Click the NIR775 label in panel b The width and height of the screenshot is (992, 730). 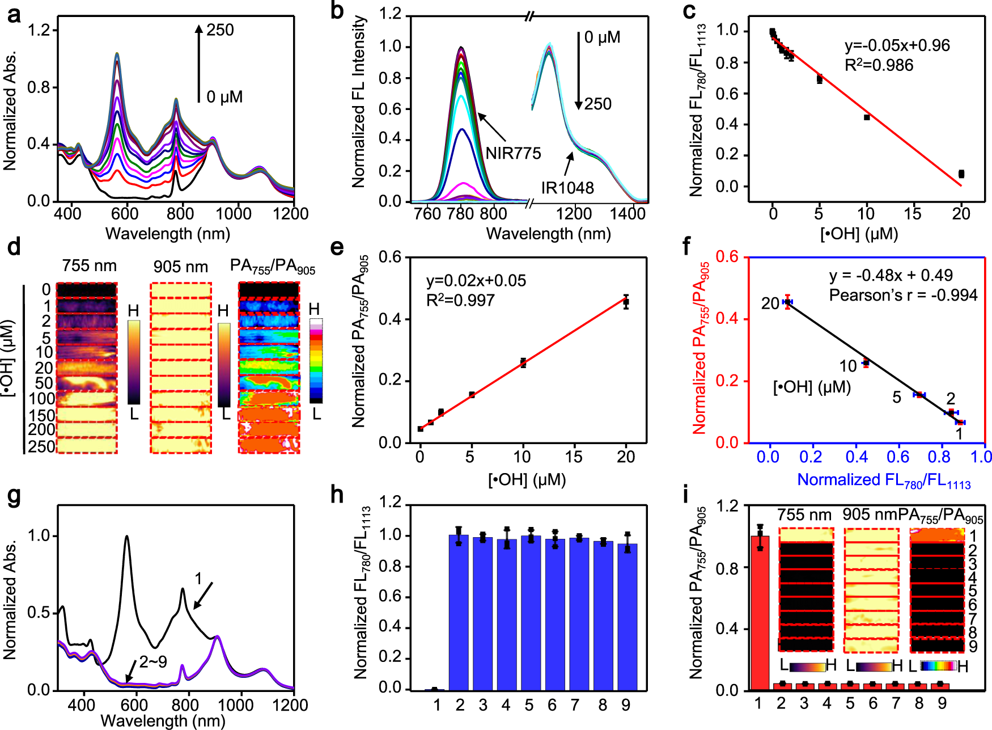[x=513, y=153]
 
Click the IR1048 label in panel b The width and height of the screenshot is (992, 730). [x=567, y=188]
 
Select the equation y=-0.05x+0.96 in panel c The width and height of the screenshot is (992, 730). [x=897, y=45]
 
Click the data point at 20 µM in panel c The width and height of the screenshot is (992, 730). [x=961, y=174]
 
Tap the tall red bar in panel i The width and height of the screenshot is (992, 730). [x=759, y=613]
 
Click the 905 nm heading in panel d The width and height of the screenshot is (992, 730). [x=180, y=267]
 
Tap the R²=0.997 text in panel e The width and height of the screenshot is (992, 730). [x=460, y=300]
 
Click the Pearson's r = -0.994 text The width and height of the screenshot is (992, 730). [x=903, y=295]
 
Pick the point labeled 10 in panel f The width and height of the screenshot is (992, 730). [x=866, y=363]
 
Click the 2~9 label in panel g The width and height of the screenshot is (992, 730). [x=153, y=662]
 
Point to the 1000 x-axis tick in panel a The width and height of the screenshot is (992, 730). [x=234, y=214]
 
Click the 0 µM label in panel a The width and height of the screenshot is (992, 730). [x=224, y=97]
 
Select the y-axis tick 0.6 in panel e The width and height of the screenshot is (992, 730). [x=390, y=258]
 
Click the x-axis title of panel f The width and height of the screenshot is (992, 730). [x=884, y=480]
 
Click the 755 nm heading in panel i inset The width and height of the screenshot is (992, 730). [x=804, y=515]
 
